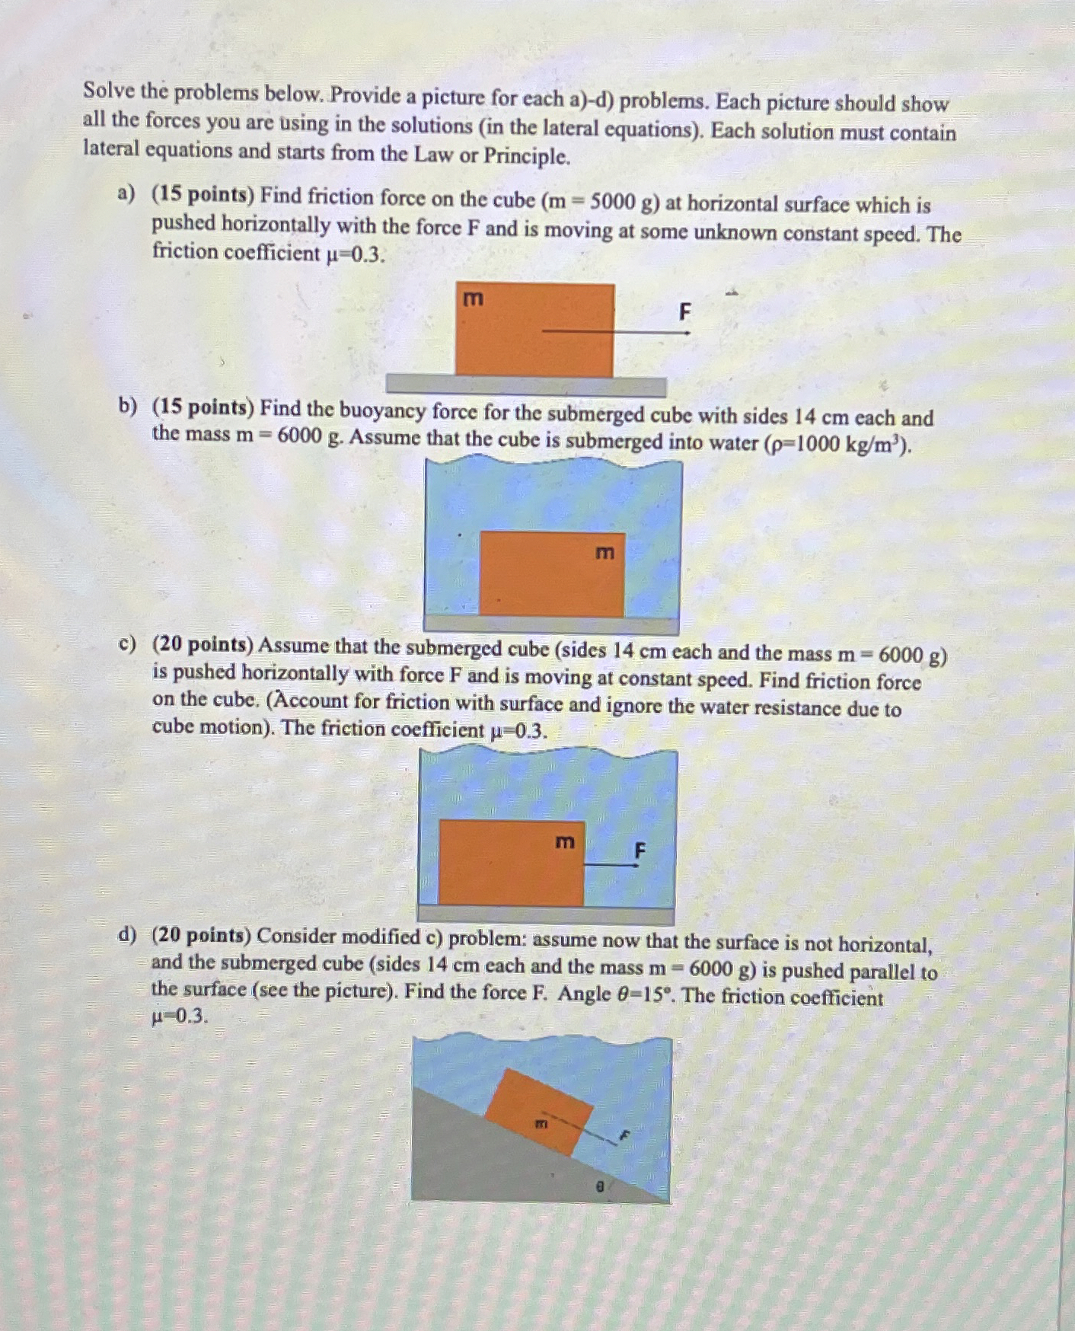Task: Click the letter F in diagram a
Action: (684, 311)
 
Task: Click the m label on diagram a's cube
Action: (474, 298)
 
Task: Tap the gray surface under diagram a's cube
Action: (525, 385)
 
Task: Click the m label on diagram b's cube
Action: (604, 553)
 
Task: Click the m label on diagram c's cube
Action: (564, 841)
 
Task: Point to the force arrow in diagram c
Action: (609, 865)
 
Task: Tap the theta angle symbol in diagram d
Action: (600, 1186)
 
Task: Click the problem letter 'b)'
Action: (128, 407)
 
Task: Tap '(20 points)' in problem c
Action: (202, 645)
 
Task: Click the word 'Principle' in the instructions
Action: (526, 157)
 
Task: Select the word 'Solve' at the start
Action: (109, 91)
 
